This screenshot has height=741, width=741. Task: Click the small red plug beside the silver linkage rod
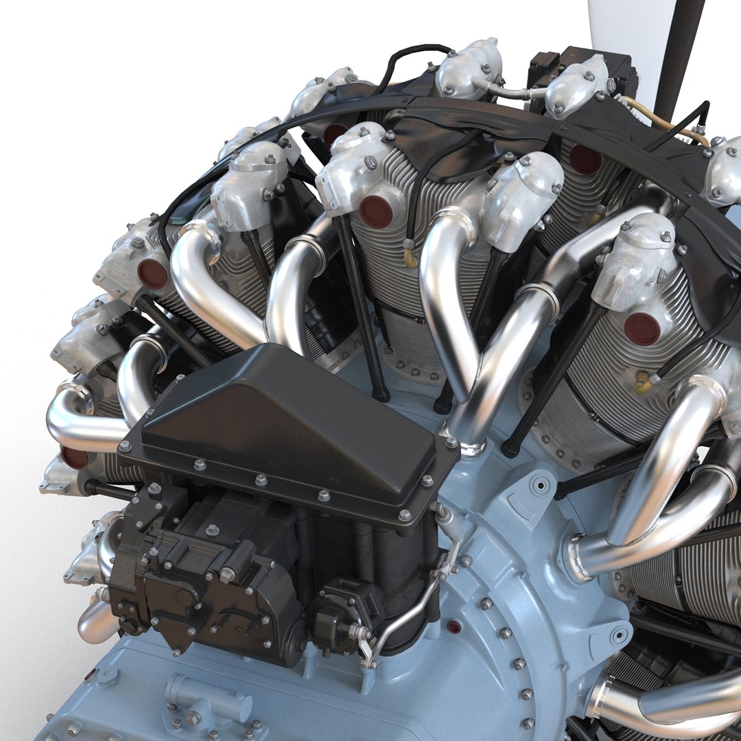coord(453,626)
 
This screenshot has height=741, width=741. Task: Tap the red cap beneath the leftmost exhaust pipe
coord(74,457)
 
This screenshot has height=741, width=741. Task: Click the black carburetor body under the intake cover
coord(206,569)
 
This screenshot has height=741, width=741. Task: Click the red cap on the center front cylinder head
coord(376,211)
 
